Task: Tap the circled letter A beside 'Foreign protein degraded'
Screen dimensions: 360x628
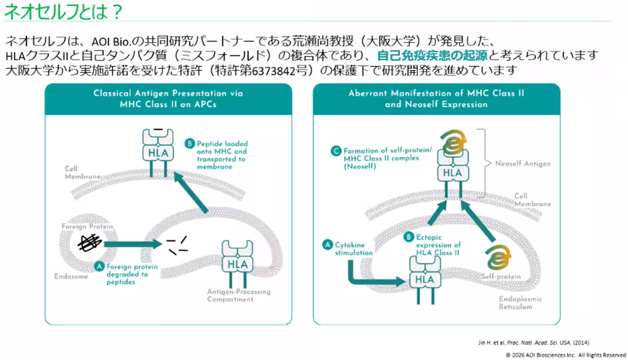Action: pos(99,267)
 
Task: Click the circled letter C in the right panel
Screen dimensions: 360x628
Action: pos(336,151)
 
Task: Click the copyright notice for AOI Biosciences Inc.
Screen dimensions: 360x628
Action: pos(565,355)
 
